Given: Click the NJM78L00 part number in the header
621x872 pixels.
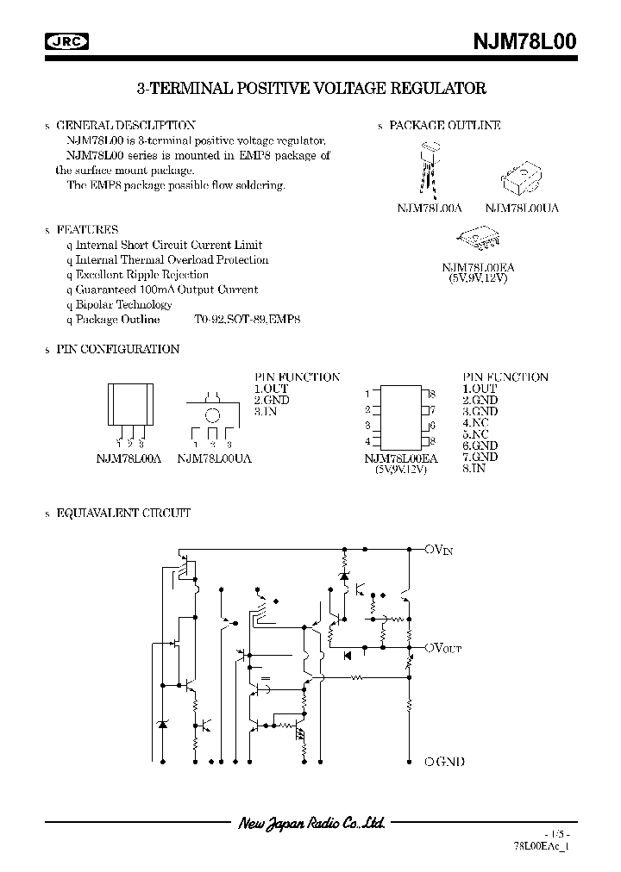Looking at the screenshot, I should (x=524, y=41).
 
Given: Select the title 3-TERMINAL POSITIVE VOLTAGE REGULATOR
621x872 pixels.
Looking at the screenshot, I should (x=311, y=89).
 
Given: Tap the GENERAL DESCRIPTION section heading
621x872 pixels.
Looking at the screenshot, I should (x=126, y=125).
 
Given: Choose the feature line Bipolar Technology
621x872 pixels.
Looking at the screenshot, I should (x=123, y=304).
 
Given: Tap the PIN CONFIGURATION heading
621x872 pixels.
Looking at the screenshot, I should (x=118, y=349).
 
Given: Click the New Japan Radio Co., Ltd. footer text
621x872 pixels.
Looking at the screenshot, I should (x=310, y=824).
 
